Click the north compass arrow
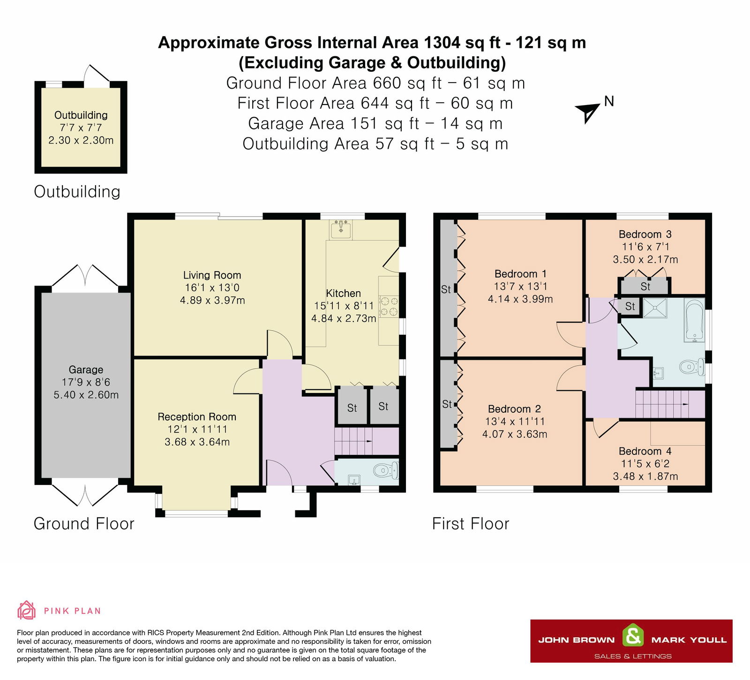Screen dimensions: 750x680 588,112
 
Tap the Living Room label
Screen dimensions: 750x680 212,275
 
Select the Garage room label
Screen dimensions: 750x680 86,370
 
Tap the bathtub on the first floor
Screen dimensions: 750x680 694,320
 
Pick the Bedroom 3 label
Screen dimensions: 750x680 645,234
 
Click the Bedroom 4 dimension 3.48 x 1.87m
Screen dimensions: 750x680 645,476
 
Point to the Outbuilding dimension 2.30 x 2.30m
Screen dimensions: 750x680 81,140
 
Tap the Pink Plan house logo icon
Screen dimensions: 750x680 26,610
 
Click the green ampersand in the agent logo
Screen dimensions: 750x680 633,636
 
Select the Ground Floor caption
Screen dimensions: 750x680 84,523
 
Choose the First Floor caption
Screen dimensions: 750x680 471,523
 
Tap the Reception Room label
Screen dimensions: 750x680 197,416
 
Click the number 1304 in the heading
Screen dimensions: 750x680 442,43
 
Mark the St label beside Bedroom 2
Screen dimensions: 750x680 447,404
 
